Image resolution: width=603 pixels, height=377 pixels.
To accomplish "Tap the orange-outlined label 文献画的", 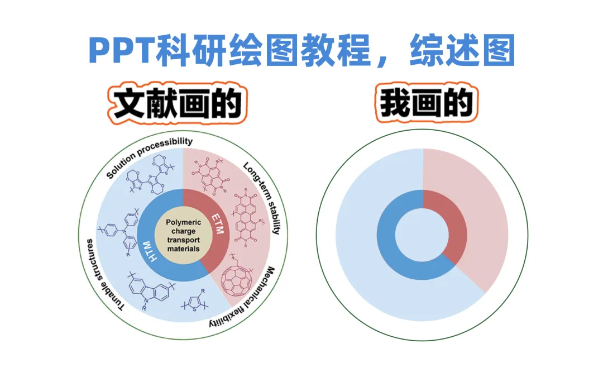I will (x=177, y=104).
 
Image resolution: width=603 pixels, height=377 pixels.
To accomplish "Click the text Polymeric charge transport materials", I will (x=183, y=235).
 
